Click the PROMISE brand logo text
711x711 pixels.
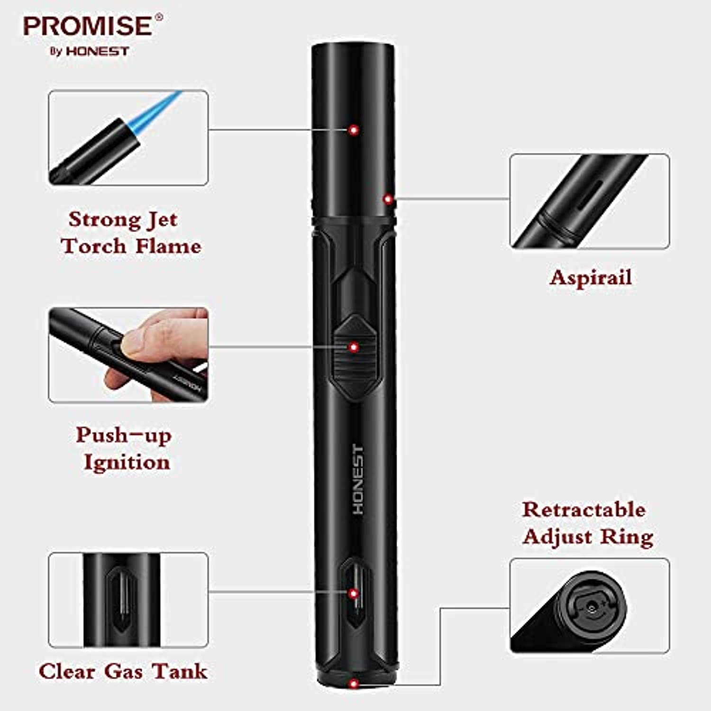point(88,26)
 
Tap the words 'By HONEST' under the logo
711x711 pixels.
point(89,51)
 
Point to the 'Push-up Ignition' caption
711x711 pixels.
point(124,449)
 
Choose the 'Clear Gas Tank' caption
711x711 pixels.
point(123,671)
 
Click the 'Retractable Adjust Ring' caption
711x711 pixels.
point(588,523)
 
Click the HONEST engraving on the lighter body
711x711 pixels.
point(359,479)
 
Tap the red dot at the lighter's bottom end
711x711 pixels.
point(353,684)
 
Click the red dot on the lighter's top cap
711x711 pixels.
point(353,130)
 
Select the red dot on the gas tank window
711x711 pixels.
point(353,593)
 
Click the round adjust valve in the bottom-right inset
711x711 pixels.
point(592,607)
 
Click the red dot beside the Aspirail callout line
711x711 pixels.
point(388,200)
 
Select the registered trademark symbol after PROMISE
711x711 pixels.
point(159,18)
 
